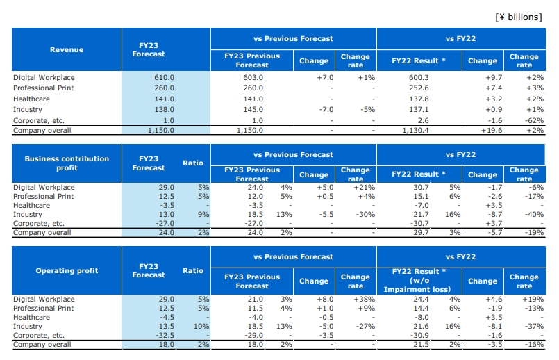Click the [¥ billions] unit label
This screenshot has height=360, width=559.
(518, 17)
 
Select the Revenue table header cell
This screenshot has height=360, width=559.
(67, 49)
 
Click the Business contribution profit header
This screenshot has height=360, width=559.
(67, 163)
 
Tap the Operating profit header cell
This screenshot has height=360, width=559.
(67, 270)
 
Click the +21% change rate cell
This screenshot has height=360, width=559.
(364, 188)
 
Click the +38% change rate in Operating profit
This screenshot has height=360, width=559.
(364, 300)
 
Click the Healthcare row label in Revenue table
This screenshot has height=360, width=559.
(31, 99)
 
